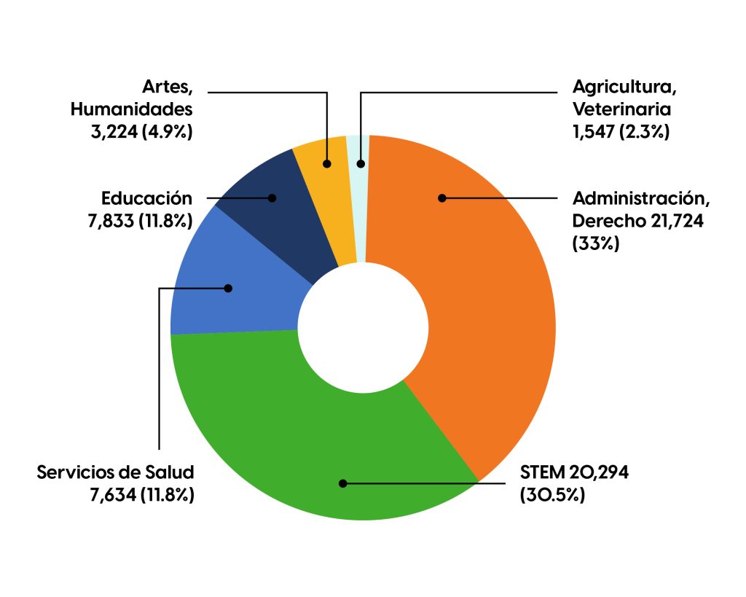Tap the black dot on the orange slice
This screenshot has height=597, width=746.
(x=441, y=198)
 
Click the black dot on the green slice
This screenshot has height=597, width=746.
(x=342, y=483)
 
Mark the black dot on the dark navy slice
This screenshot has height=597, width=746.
(x=272, y=198)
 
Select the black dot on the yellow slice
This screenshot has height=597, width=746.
(x=328, y=164)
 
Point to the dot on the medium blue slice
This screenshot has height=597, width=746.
(x=228, y=288)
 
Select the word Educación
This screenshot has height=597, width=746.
(x=147, y=198)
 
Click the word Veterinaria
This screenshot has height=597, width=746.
(x=621, y=109)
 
